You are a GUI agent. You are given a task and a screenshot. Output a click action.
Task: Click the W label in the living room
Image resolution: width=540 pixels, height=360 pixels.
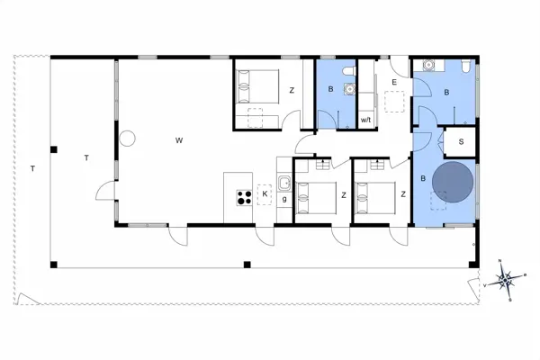pyautogui.click(x=179, y=139)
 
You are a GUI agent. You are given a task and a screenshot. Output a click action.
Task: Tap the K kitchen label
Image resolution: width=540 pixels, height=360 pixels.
pyautogui.click(x=265, y=193)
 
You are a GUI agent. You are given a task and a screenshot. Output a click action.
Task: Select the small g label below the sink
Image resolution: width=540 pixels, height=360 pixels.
pyautogui.click(x=284, y=198)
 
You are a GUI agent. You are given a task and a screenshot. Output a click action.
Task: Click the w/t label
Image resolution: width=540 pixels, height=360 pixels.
pyautogui.click(x=366, y=120)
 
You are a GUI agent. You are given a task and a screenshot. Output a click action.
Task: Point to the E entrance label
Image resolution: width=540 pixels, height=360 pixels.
pyautogui.click(x=393, y=82)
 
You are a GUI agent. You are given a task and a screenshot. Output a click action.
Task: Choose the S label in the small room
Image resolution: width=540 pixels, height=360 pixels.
pyautogui.click(x=460, y=142)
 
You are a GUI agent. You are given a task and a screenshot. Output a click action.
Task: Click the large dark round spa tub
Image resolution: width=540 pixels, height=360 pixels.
pyautogui.click(x=452, y=182)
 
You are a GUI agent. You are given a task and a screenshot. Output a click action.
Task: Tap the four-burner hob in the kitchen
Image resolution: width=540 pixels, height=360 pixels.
pyautogui.click(x=242, y=197)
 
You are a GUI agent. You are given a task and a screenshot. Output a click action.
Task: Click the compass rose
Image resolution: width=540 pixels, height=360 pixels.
pyautogui.click(x=507, y=281)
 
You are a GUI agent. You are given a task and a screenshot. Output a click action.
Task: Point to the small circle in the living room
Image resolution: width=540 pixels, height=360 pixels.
pyautogui.click(x=127, y=139)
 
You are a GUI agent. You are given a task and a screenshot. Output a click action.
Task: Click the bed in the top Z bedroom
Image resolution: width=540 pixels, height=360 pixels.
pyautogui.click(x=255, y=87)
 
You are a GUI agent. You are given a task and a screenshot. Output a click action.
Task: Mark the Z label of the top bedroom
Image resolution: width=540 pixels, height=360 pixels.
pyautogui.click(x=292, y=90)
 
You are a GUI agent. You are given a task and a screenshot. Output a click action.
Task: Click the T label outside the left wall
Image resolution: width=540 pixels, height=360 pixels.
pyautogui.click(x=31, y=168)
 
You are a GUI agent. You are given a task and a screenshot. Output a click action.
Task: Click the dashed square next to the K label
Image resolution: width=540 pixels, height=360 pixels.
pyautogui.click(x=264, y=198)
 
